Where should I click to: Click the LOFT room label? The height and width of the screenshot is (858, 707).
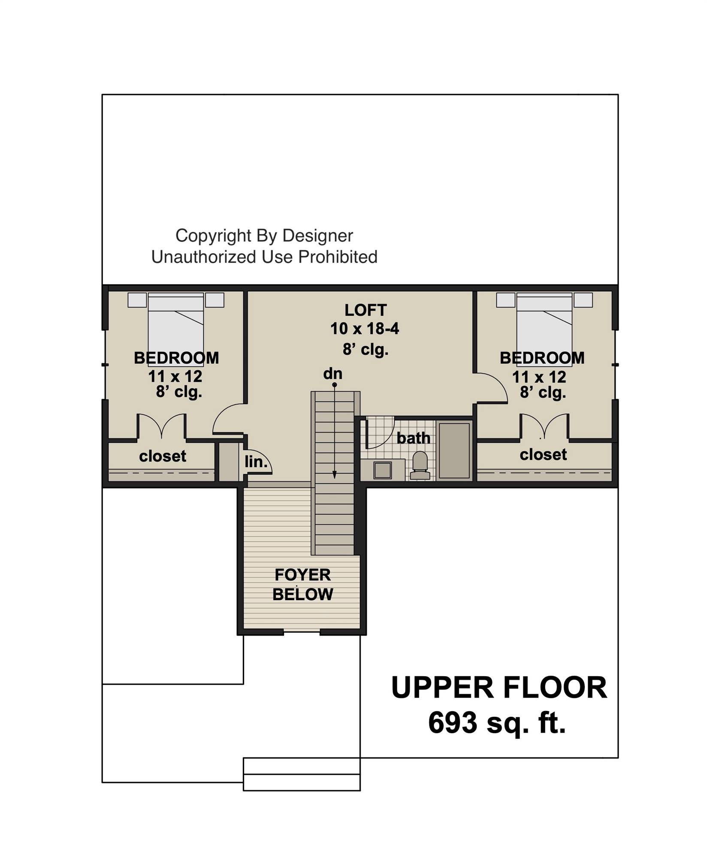(366, 310)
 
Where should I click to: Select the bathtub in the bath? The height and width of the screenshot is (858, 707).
(454, 450)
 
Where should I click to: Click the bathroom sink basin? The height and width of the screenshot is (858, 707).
(382, 471)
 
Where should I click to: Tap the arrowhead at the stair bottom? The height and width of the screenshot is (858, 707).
(335, 475)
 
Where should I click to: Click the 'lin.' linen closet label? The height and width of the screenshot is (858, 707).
(256, 462)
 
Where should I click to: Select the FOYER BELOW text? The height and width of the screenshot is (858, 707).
(302, 585)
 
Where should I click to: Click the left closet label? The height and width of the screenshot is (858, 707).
(163, 456)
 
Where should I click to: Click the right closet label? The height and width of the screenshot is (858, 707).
(543, 454)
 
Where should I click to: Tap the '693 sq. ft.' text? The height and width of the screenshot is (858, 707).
(497, 722)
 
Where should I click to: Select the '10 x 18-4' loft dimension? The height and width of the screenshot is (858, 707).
(365, 329)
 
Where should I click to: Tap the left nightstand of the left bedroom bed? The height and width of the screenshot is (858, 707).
(137, 300)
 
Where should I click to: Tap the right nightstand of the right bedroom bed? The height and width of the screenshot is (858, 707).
(583, 300)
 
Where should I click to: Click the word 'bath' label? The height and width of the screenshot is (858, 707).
(413, 438)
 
